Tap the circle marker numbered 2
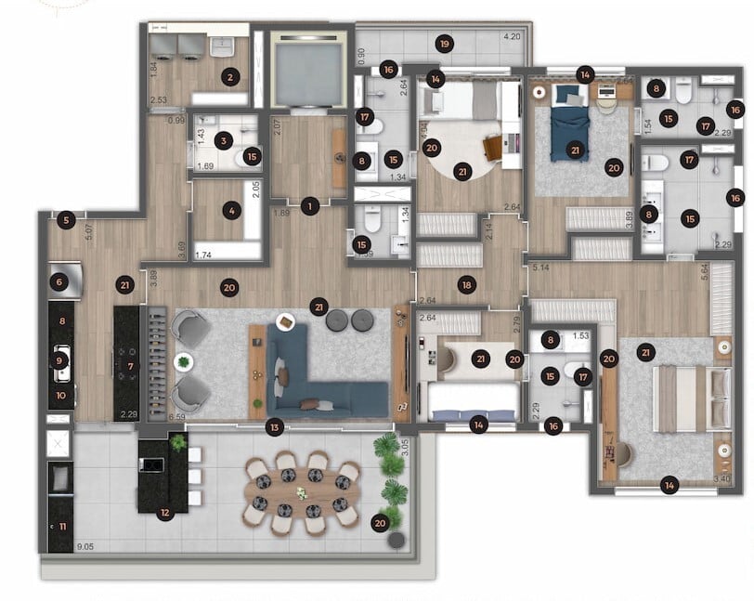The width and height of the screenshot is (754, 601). (229, 78)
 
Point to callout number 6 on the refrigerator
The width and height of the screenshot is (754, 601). (61, 282)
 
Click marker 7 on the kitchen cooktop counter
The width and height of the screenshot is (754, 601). (131, 368)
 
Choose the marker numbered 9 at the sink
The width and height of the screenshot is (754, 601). (61, 360)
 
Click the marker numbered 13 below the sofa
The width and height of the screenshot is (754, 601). (273, 427)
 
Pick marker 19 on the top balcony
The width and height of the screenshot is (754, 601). (446, 44)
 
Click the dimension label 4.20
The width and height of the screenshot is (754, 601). (511, 38)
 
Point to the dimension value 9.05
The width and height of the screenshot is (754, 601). (87, 548)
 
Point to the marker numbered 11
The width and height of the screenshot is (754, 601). (61, 527)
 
